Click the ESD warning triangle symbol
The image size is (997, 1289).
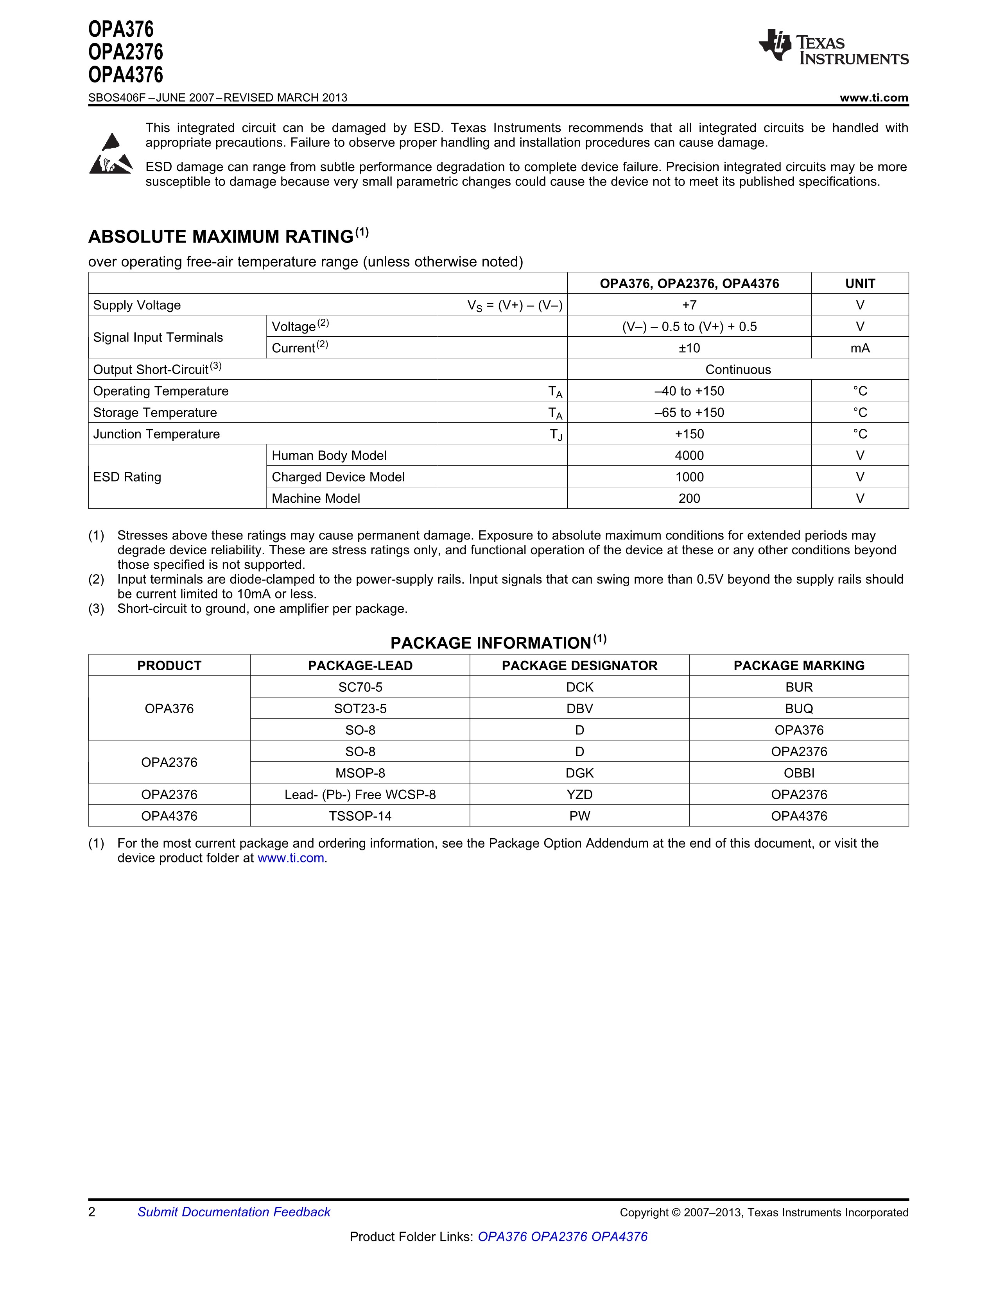[110, 155]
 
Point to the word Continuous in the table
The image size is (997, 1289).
[738, 370]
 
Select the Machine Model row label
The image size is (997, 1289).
[316, 499]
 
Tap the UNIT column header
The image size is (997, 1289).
[859, 284]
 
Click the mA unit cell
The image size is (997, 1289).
[859, 348]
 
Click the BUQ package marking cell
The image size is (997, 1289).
[798, 709]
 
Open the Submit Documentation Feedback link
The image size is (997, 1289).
[233, 1212]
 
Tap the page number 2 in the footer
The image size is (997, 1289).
[91, 1212]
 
